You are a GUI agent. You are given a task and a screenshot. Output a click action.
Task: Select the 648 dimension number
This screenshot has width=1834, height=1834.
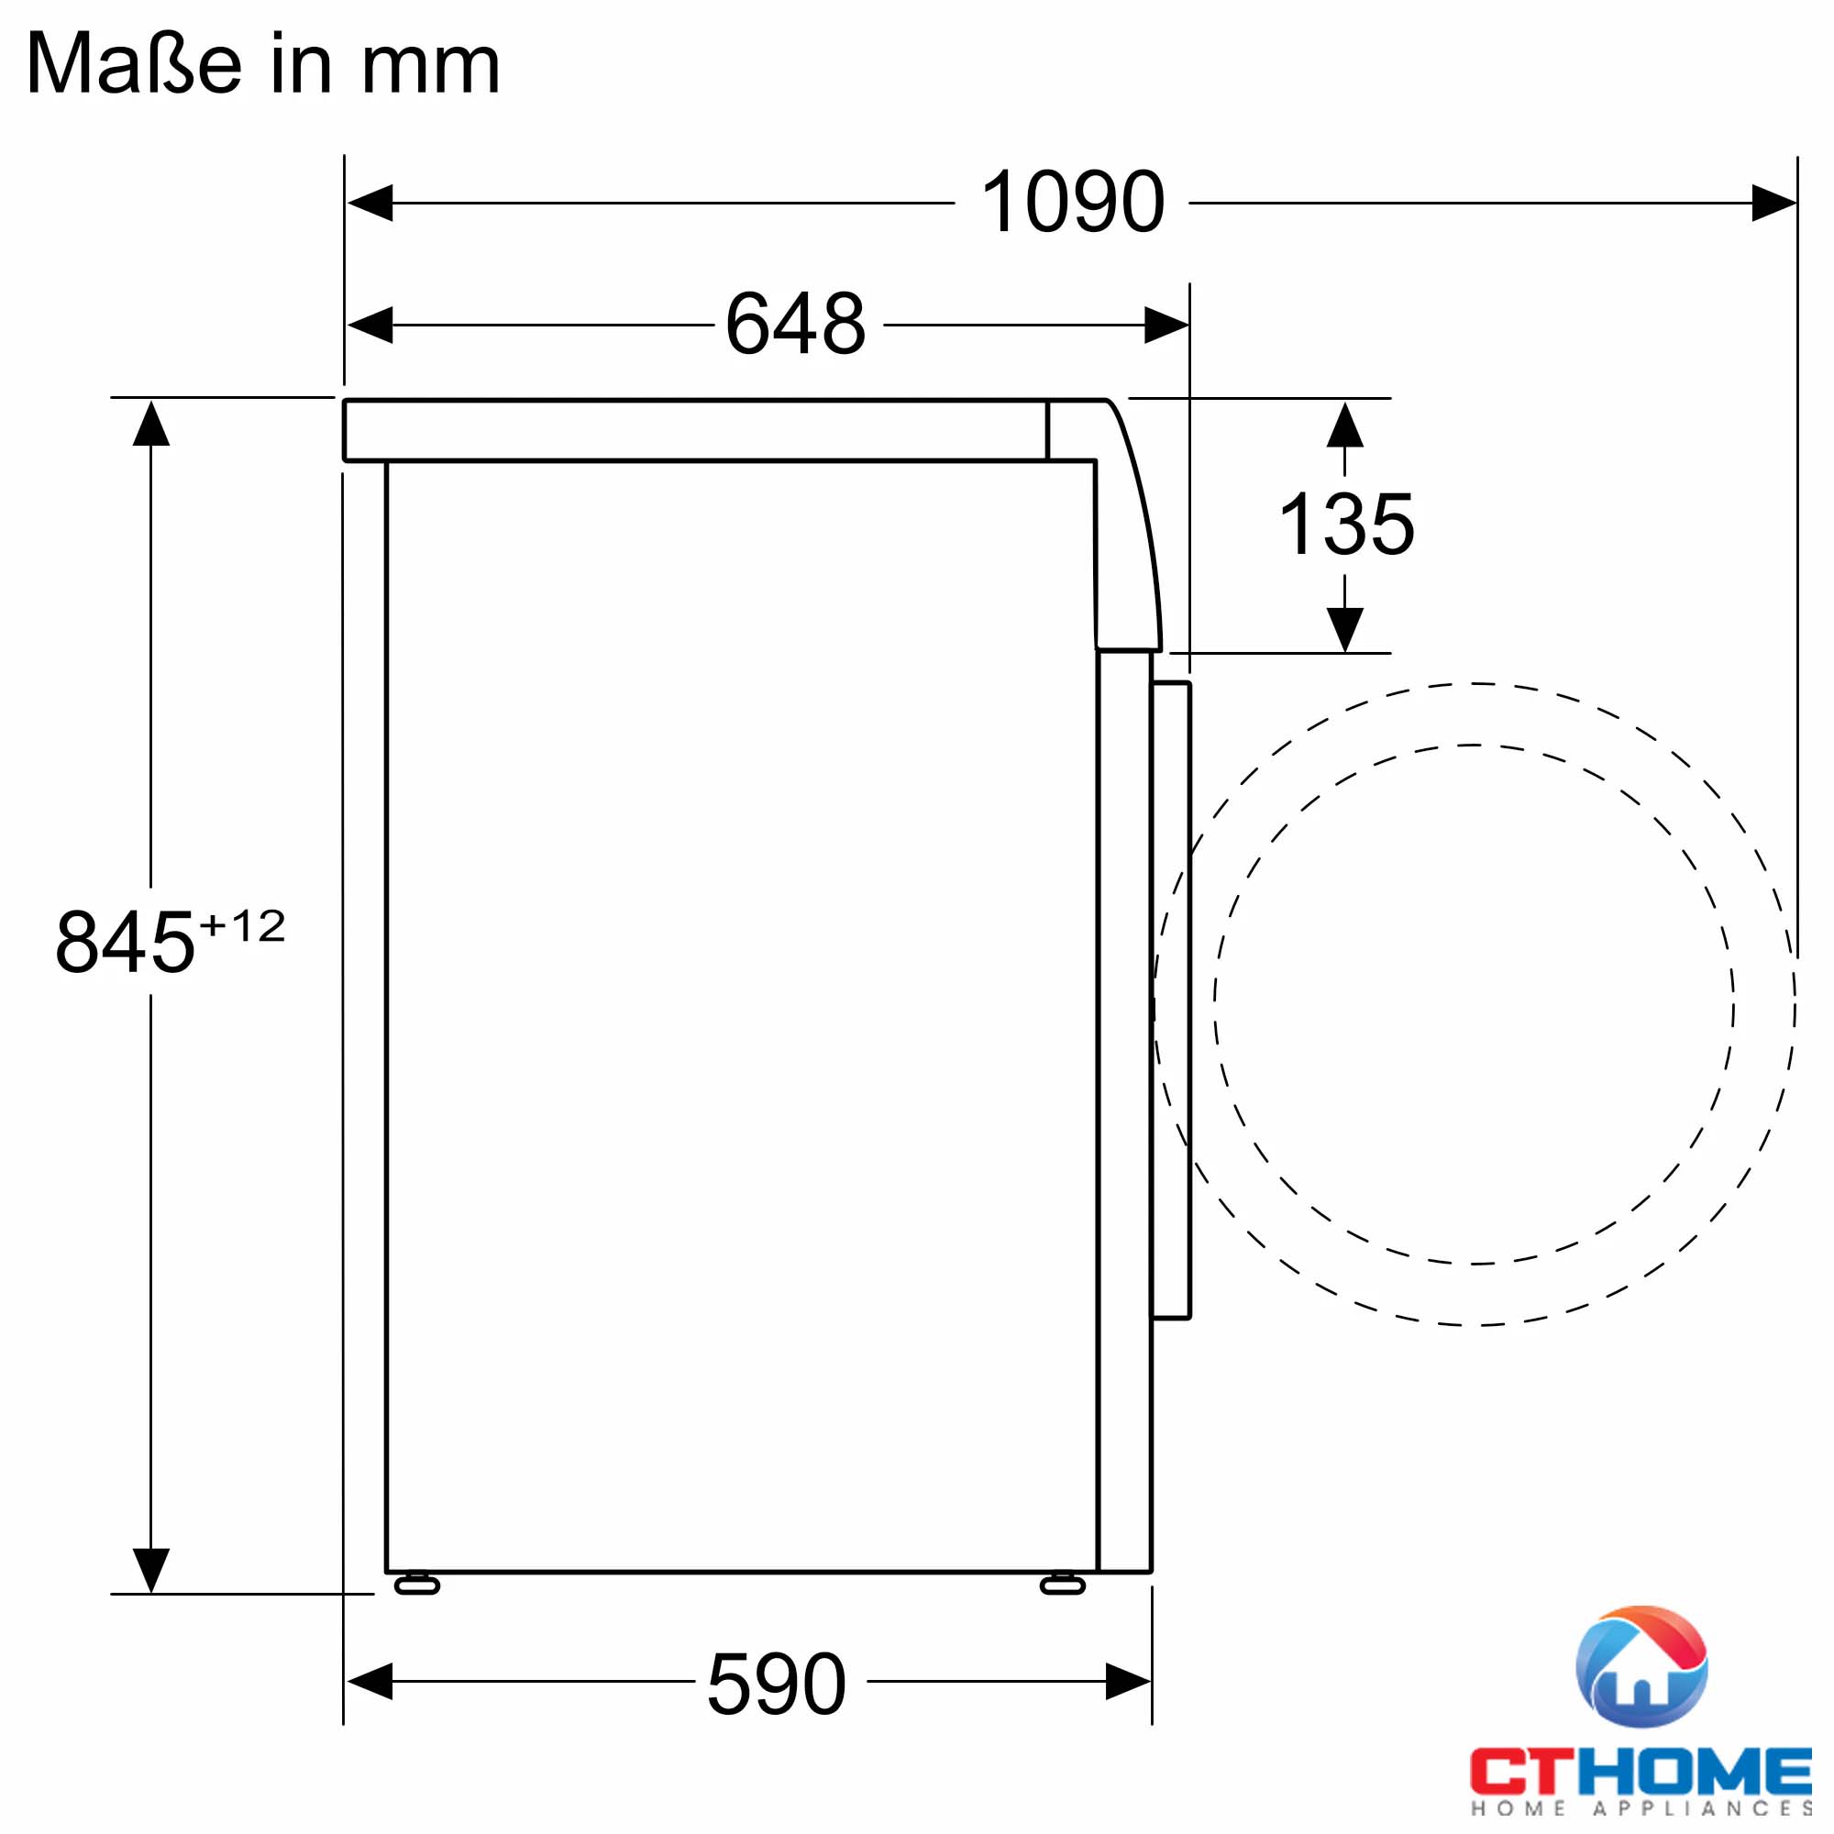(x=795, y=325)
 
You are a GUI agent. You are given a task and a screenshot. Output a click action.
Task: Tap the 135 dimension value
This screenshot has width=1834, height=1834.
(x=1346, y=525)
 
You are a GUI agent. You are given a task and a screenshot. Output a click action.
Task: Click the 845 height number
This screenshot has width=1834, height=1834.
(x=126, y=943)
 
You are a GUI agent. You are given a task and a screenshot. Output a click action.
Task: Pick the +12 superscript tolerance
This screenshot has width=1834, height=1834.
(x=243, y=926)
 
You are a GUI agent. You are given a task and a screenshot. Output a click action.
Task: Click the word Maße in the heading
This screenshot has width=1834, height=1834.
(x=134, y=64)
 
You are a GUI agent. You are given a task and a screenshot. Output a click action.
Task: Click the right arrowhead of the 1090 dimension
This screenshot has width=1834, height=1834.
(x=1773, y=204)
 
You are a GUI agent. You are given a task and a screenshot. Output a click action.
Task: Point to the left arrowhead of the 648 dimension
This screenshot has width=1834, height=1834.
(x=370, y=326)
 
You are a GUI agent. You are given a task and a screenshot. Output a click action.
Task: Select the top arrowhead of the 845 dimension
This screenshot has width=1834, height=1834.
(x=151, y=425)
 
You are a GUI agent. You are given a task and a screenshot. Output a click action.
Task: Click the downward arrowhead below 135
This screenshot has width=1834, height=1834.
(x=1345, y=629)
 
